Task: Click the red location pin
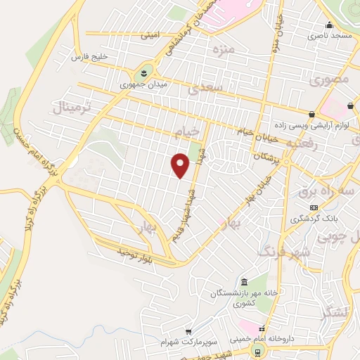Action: (181, 165)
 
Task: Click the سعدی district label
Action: (206, 88)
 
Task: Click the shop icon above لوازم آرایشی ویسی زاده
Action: (311, 114)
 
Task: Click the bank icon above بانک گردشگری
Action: (314, 207)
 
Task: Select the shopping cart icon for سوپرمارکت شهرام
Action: (188, 331)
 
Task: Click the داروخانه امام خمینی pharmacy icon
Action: (262, 328)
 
